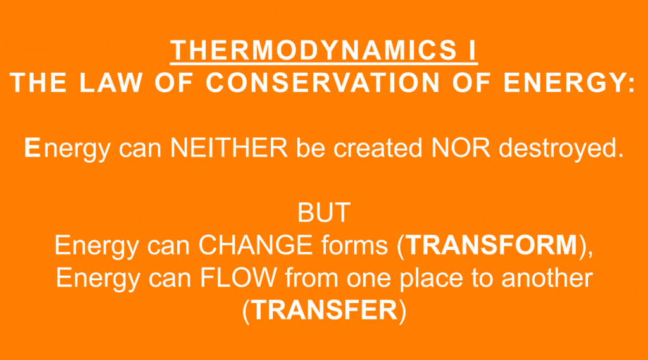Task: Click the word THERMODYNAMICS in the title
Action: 313,50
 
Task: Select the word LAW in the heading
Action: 110,82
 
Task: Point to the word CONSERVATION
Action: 322,82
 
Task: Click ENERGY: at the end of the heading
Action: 569,82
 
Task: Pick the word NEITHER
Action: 229,147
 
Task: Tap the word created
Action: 378,147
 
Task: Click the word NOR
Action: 461,147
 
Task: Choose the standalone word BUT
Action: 324,213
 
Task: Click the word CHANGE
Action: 256,245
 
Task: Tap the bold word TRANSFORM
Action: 491,245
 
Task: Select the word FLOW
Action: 239,277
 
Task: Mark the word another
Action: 547,277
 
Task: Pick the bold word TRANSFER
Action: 323,310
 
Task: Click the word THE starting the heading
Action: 38,82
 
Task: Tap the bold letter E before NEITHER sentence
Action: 32,147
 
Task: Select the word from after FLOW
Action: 311,277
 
